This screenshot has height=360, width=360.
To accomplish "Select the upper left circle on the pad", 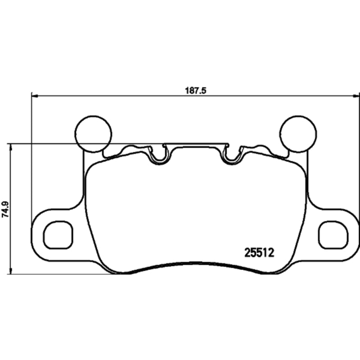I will (93, 134).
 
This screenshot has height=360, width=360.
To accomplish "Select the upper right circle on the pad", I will (298, 134).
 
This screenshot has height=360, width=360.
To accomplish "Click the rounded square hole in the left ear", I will (58, 235).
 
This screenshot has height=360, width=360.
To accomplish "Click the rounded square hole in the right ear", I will (333, 235).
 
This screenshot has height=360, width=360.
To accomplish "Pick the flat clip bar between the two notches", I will (196, 145).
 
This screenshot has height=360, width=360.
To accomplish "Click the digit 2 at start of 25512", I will (247, 253).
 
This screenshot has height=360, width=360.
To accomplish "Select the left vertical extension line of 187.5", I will (31, 157).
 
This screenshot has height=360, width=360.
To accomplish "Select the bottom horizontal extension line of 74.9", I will (54, 274).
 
